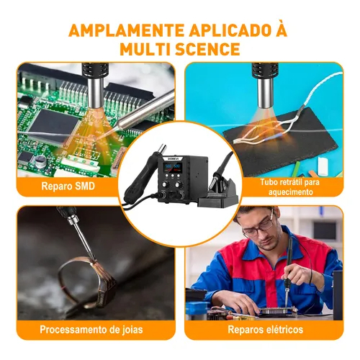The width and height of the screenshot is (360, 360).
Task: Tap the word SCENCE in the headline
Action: pyautogui.click(x=207, y=49)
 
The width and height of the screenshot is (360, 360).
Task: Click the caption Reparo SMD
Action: pyautogui.click(x=68, y=186)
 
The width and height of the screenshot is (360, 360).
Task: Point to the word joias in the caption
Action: pyautogui.click(x=131, y=330)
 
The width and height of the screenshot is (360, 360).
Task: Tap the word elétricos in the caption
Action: pyautogui.click(x=282, y=329)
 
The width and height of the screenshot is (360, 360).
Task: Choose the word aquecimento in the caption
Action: pyautogui.click(x=291, y=192)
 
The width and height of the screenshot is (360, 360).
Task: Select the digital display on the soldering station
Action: pyautogui.click(x=173, y=167)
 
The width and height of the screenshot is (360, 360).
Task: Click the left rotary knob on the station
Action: pyautogui.click(x=165, y=185)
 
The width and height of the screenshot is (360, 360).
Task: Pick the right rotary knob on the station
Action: pyautogui.click(x=179, y=185)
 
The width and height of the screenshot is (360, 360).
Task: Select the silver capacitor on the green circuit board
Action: pyautogui.click(x=40, y=161)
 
